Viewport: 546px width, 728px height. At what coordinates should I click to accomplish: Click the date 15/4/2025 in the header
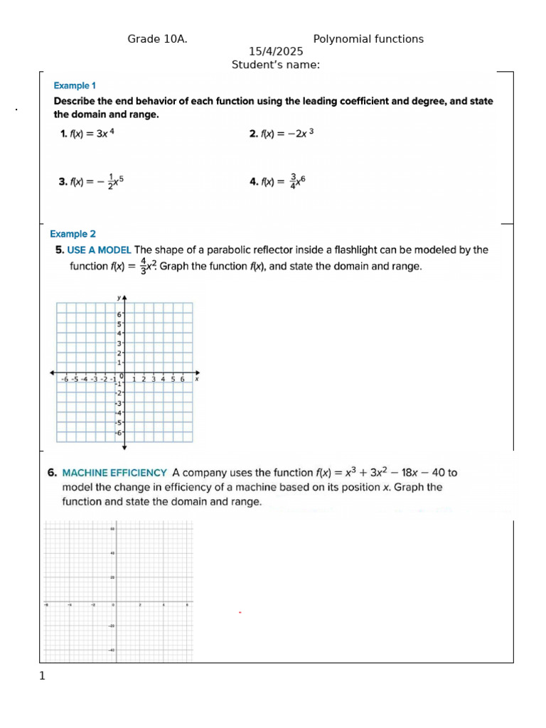click(x=276, y=52)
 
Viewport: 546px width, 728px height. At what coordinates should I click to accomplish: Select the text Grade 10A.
click(x=157, y=39)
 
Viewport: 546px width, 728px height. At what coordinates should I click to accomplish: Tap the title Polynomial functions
click(x=368, y=39)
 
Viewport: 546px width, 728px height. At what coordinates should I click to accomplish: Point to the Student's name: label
click(x=276, y=65)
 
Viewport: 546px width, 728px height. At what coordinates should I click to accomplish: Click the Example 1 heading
click(x=75, y=86)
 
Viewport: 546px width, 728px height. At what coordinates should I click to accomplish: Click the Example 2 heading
click(x=73, y=234)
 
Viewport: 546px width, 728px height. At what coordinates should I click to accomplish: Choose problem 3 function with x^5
click(x=92, y=181)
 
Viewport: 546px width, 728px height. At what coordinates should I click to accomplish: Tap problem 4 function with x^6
click(x=277, y=181)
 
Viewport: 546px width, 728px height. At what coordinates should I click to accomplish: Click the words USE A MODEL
click(x=99, y=250)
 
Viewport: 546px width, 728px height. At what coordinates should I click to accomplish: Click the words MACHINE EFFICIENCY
click(x=114, y=472)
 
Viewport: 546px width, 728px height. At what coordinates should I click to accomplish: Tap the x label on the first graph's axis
click(x=197, y=380)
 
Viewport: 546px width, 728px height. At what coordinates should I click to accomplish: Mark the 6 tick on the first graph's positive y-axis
click(x=119, y=314)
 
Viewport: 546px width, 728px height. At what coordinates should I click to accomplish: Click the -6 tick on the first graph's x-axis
click(x=65, y=380)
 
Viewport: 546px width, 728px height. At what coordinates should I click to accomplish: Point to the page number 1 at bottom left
click(x=42, y=676)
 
